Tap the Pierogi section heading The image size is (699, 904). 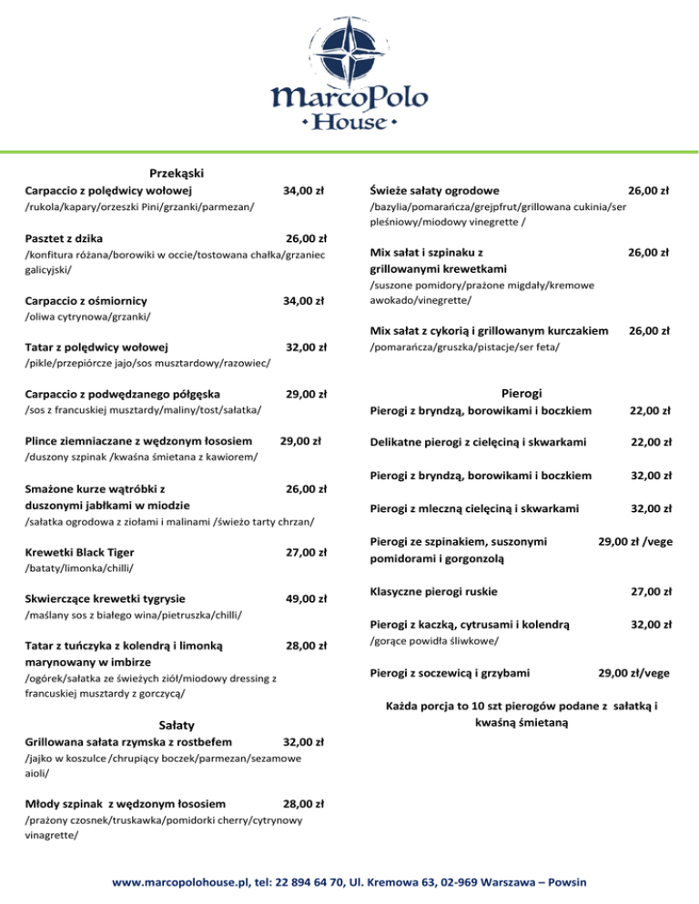522,393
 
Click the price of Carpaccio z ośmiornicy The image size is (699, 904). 305,300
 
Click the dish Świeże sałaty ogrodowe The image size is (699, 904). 434,191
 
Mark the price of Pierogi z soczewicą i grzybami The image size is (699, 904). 634,673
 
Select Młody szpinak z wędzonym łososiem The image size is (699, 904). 127,804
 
